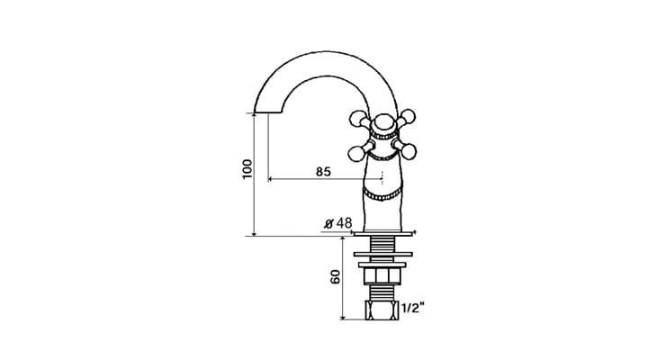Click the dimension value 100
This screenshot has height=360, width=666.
click(x=247, y=169)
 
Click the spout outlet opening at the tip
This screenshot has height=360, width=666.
click(x=264, y=112)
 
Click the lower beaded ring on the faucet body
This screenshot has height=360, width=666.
click(x=382, y=193)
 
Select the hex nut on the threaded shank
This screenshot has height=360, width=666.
click(x=382, y=275)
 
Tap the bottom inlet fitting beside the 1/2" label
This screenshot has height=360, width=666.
click(x=382, y=310)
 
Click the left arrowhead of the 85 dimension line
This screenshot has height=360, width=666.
click(x=271, y=180)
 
